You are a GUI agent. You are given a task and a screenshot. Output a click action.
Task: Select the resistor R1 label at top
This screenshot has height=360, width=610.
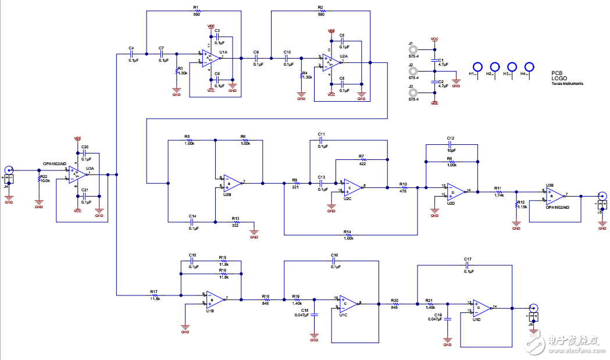tap(196, 7)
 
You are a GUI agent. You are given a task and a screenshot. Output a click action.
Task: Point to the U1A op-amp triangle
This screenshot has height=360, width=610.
tap(210, 57)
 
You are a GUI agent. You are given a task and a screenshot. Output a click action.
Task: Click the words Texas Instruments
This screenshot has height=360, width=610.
tap(568, 84)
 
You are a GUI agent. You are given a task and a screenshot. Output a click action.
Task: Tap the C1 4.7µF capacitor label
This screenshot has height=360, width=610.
tap(441, 62)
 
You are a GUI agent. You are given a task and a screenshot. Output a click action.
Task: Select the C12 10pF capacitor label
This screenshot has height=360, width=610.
tap(450, 141)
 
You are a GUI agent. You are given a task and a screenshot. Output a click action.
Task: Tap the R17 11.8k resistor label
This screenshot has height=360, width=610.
tap(155, 295)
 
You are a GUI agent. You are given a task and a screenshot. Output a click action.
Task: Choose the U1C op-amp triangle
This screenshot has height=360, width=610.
tap(348, 302)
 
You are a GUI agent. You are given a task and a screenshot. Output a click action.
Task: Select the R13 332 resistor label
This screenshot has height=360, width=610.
tap(236, 222)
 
